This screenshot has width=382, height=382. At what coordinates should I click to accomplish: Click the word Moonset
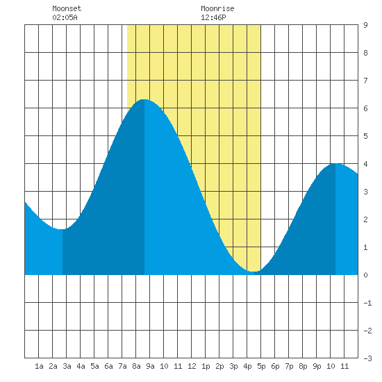click(67, 8)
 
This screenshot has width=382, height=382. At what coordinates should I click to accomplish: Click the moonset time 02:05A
click(65, 17)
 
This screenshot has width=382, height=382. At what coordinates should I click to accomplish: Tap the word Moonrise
click(217, 8)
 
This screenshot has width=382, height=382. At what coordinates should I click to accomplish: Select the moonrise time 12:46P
click(213, 17)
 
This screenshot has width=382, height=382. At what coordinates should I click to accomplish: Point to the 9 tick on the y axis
click(365, 25)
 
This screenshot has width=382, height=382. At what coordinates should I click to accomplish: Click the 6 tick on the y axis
click(365, 108)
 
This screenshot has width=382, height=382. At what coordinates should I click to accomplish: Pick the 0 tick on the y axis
click(365, 275)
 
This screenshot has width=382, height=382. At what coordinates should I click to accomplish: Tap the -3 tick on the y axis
click(367, 358)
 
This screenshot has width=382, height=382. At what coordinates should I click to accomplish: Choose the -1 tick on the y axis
click(367, 303)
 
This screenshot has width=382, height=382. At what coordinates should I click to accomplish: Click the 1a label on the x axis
click(39, 366)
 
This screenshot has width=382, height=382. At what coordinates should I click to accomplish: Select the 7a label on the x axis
click(122, 366)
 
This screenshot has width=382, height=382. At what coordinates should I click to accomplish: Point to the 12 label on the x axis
click(192, 366)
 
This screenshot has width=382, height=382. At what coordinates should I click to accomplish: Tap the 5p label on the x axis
click(261, 366)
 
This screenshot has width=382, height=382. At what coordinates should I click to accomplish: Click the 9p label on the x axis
click(317, 366)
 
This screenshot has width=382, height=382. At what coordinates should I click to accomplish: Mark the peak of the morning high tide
click(144, 99)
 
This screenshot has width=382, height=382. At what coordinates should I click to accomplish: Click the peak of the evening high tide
click(335, 163)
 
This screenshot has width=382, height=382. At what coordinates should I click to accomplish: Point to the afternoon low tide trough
click(254, 272)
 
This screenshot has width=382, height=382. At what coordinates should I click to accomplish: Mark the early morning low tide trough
click(63, 229)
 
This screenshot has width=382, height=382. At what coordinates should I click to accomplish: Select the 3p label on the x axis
click(233, 366)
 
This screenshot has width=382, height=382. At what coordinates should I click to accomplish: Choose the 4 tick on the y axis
click(365, 164)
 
